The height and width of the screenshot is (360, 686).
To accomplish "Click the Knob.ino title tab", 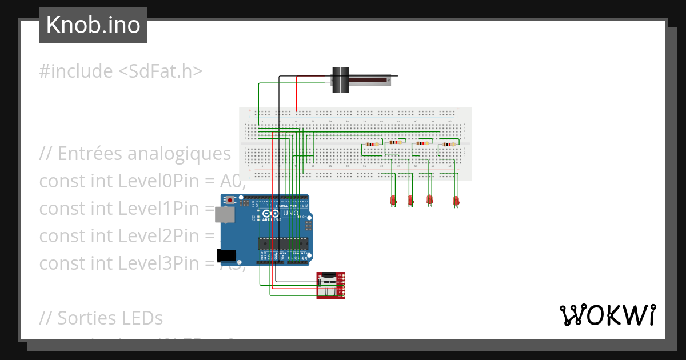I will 93,25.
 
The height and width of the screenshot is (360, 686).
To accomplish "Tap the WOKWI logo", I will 607,315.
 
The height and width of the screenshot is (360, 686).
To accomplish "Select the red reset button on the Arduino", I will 230,201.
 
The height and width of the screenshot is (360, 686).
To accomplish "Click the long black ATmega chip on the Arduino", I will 283,243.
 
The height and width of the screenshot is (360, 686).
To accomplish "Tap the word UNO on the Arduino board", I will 291,213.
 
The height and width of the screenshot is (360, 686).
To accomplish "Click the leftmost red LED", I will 393,199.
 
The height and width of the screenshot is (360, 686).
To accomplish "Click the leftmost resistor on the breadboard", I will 372,145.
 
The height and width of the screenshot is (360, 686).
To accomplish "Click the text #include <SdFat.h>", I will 121,71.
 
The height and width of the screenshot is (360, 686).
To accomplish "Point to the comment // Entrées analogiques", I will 135,154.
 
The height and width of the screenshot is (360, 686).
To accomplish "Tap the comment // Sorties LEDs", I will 101,318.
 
